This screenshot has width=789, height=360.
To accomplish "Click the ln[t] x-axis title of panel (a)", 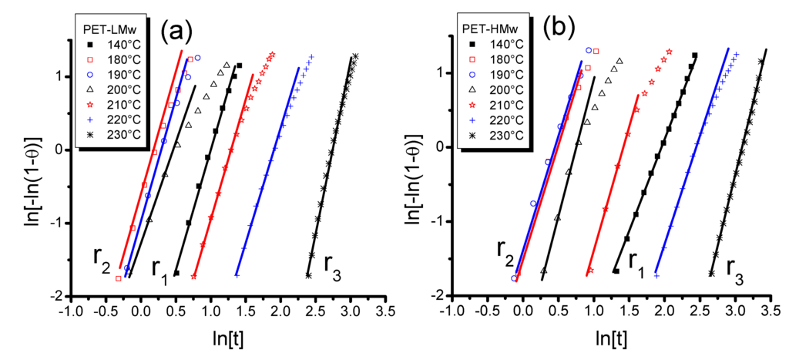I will pyautogui.click(x=228, y=337).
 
